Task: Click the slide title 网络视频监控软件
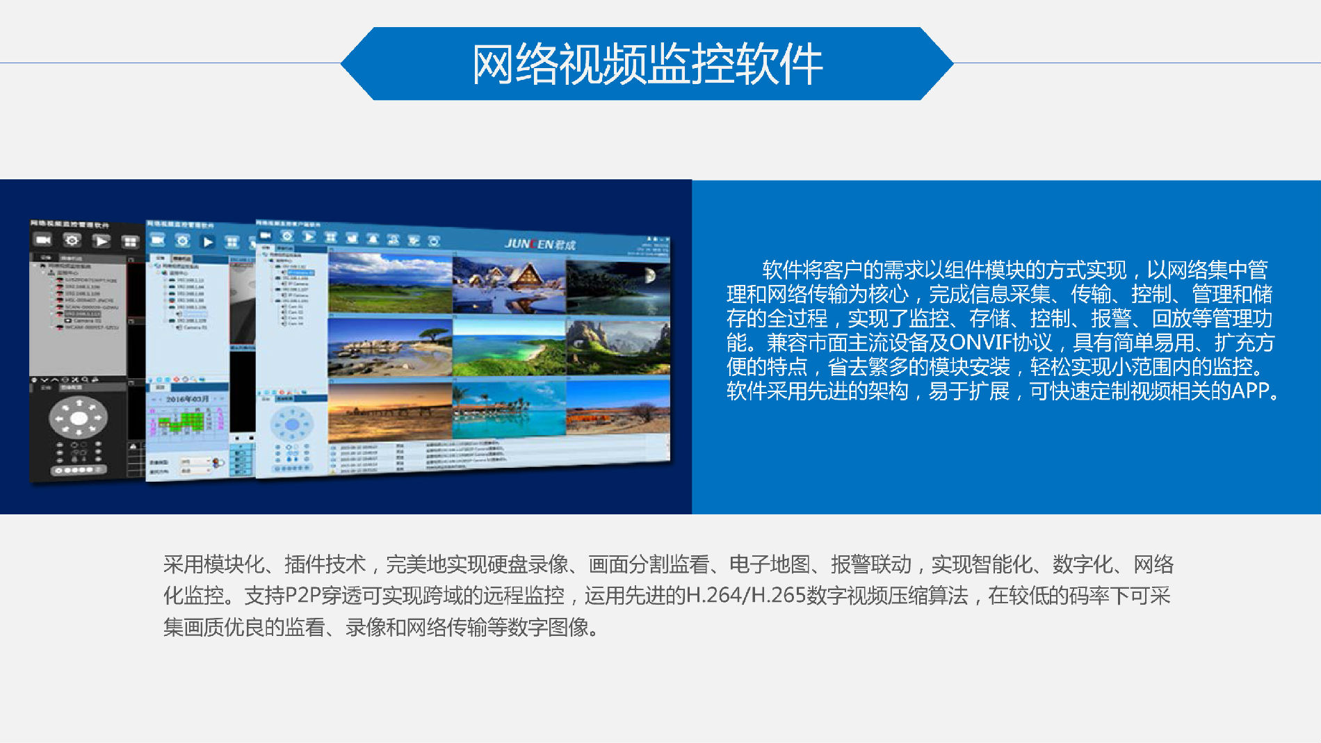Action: (647, 64)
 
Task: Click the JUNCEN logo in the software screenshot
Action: (540, 244)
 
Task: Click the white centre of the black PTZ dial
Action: (79, 418)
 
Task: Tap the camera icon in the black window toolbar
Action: (43, 240)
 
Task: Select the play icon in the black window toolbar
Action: (102, 241)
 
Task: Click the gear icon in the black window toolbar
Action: (72, 240)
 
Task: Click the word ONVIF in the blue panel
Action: (980, 343)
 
